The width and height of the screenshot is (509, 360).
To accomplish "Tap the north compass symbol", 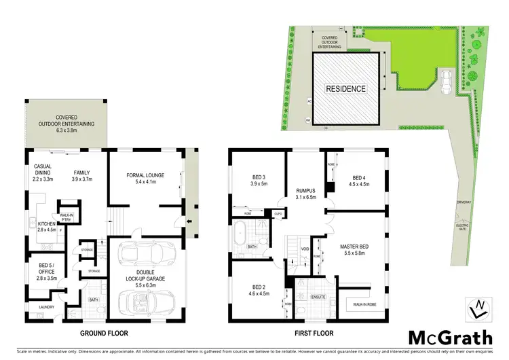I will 478,308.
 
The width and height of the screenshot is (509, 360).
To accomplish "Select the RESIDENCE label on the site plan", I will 345,89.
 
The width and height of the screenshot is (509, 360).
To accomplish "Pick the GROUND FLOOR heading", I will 105,334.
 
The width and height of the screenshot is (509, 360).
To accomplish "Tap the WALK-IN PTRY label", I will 67,217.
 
